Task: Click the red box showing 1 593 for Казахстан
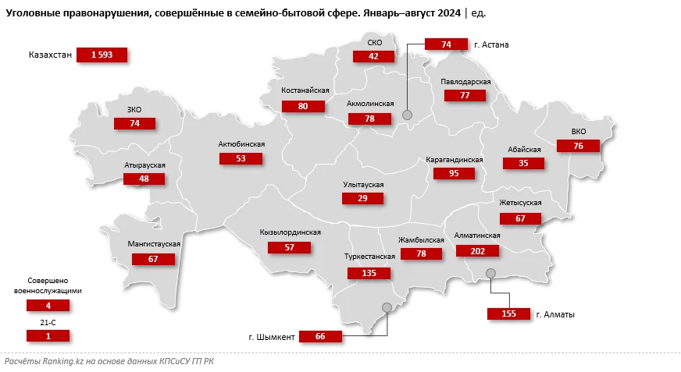pyautogui.click(x=102, y=55)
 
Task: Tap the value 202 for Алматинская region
pyautogui.click(x=478, y=250)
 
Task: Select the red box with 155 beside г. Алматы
pyautogui.click(x=508, y=314)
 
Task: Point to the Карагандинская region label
pyautogui.click(x=455, y=160)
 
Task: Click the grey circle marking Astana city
pyautogui.click(x=407, y=115)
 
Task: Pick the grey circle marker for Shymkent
pyautogui.click(x=386, y=307)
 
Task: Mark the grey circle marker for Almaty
pyautogui.click(x=490, y=272)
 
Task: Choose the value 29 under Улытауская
pyautogui.click(x=363, y=198)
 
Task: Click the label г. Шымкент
pyautogui.click(x=272, y=337)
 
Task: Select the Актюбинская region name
pyautogui.click(x=242, y=144)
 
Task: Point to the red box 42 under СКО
pyautogui.click(x=373, y=56)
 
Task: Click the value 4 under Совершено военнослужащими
pyautogui.click(x=48, y=306)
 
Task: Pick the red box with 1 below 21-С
pyautogui.click(x=48, y=335)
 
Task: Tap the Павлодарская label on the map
pyautogui.click(x=465, y=82)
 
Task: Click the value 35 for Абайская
pyautogui.click(x=523, y=164)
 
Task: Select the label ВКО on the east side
pyautogui.click(x=578, y=132)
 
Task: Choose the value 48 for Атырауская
pyautogui.click(x=144, y=179)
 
